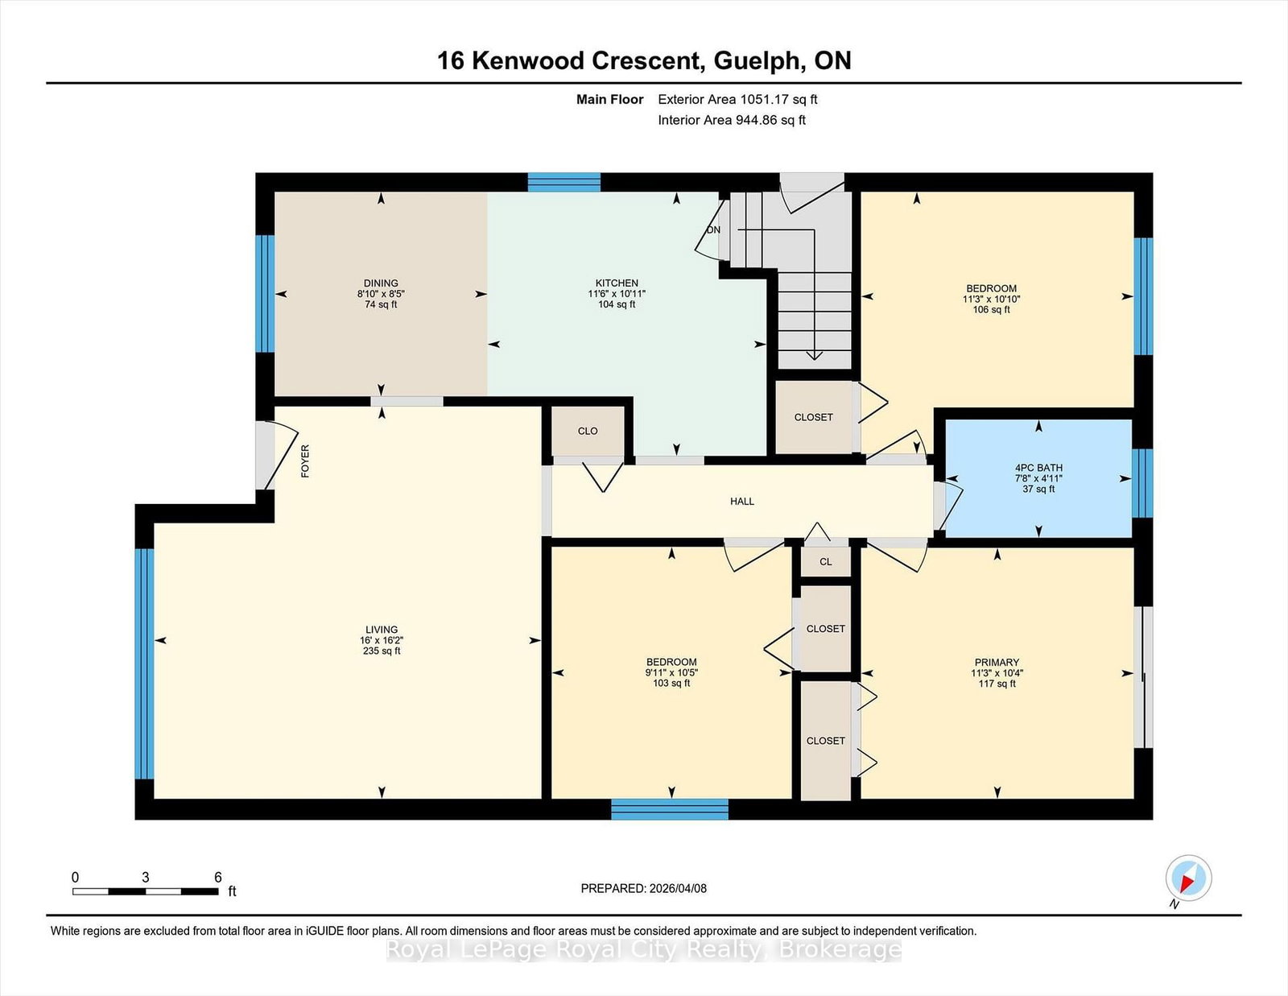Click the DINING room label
(381, 283)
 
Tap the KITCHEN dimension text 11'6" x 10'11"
(617, 294)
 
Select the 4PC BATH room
(1038, 477)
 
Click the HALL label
(742, 501)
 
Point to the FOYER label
(305, 461)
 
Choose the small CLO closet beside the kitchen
(588, 431)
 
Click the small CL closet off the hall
(825, 562)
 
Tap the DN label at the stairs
(713, 229)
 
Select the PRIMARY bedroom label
(997, 663)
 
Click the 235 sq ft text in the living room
(382, 651)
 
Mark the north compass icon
(1188, 878)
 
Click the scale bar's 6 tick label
(217, 878)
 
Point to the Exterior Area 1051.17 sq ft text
(737, 100)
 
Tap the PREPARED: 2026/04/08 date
(643, 888)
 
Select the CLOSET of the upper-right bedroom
(813, 417)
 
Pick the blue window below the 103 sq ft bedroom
(669, 809)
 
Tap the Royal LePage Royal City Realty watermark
(643, 950)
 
